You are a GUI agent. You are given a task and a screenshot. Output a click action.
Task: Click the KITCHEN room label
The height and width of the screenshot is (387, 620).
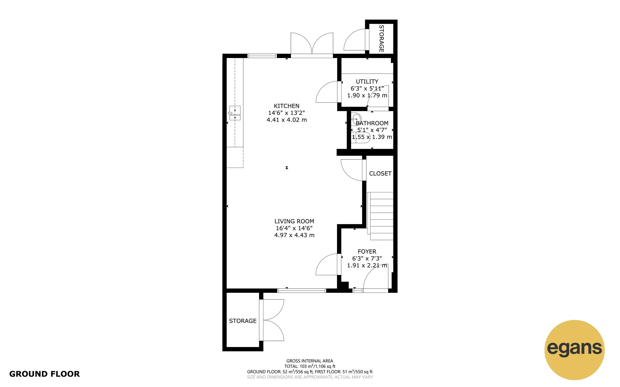286,106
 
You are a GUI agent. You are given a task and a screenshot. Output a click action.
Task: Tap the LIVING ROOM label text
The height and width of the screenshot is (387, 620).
294,221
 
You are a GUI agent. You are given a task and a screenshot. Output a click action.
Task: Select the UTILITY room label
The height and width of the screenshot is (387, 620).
367,81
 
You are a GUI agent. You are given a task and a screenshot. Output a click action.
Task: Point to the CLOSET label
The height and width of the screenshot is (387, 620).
380,174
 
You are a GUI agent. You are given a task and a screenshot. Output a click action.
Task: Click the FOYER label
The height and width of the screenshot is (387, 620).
367,251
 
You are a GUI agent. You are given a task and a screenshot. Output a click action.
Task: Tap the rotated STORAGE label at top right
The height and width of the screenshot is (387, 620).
381,38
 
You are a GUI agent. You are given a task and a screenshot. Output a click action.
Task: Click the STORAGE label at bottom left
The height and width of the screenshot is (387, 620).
242,321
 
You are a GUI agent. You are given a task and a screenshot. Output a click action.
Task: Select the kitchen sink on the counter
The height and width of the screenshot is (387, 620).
235,113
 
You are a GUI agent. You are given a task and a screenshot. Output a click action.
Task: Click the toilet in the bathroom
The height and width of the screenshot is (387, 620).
361,137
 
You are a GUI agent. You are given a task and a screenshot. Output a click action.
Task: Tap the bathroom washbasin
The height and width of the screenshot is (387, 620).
356,119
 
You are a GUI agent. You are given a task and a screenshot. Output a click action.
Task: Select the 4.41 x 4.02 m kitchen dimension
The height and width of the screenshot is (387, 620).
286,120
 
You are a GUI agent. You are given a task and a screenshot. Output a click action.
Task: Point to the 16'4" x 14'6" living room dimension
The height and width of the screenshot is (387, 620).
294,228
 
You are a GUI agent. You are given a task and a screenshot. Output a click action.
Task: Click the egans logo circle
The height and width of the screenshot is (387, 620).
574,350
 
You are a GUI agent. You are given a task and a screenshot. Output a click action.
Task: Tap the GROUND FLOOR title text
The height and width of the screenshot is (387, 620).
45,374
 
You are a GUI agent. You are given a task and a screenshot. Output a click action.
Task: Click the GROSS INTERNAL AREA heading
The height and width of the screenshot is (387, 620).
310,361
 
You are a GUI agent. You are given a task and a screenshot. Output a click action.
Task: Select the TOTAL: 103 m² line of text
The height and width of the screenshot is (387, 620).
310,366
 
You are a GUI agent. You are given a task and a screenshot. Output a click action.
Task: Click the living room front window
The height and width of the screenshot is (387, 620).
302,291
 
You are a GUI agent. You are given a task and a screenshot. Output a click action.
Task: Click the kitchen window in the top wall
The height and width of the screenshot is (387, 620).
262,56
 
